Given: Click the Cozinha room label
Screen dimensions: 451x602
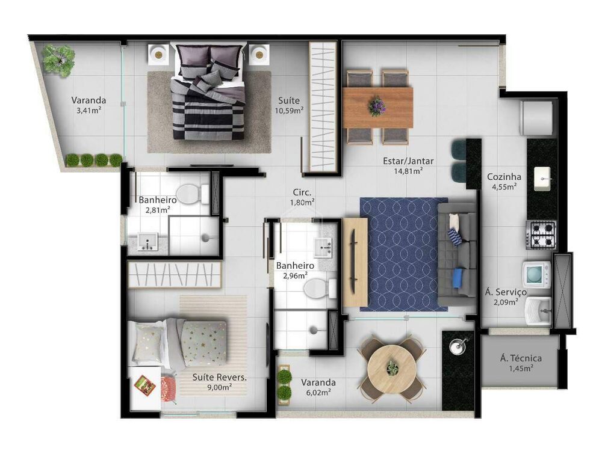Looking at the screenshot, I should coord(504,177).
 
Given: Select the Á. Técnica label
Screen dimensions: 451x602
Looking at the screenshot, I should coord(521,359).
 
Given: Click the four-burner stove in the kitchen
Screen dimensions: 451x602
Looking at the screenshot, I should coord(541,235).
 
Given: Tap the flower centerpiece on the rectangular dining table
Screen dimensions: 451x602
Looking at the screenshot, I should coord(377,106).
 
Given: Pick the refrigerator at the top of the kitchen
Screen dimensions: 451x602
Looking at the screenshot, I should coord(537,117).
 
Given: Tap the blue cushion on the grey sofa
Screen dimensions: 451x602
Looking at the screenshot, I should coord(458,277).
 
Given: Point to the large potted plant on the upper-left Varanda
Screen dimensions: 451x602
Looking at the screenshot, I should coord(58,60).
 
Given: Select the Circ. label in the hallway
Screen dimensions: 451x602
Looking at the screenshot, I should coord(302,193).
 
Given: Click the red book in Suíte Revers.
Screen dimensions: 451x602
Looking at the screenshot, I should coord(144,384).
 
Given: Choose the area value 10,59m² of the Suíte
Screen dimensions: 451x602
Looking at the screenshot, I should coord(290,111).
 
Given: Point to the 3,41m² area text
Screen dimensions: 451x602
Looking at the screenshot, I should coord(88,111).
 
